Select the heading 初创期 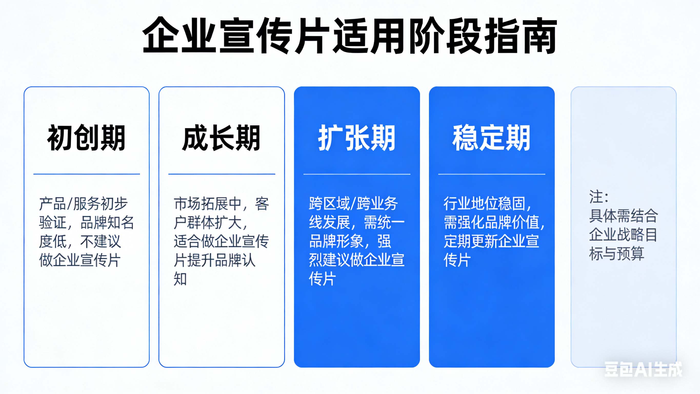[86, 138]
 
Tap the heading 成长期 [221, 138]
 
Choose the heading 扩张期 [357, 138]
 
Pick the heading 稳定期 [491, 138]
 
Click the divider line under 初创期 [86, 174]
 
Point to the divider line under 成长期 [222, 174]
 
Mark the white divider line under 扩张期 [357, 174]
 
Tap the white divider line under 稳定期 [492, 174]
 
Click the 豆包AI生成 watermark [643, 369]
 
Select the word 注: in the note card [599, 197]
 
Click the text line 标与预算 [617, 254]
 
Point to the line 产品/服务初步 [83, 204]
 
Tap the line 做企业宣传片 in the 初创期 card [80, 260]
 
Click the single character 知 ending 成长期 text [180, 279]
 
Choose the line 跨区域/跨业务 [353, 204]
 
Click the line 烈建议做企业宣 [356, 260]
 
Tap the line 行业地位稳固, [488, 204]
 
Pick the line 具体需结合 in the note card [623, 216]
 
